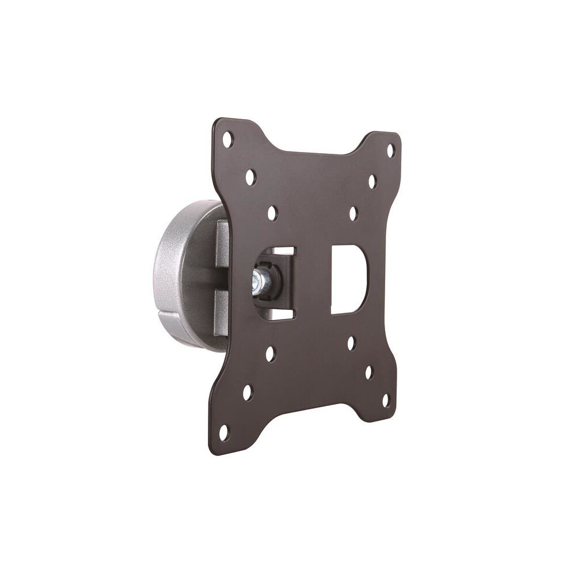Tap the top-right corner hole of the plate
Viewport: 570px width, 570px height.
(390, 151)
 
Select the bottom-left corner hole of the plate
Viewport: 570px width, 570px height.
(223, 431)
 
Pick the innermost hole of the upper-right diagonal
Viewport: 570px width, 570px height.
(353, 214)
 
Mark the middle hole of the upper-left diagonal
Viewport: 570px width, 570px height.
(250, 177)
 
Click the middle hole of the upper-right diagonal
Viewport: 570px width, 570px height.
(372, 182)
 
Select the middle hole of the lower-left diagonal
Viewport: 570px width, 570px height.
(248, 392)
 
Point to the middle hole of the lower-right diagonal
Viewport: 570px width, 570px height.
(368, 372)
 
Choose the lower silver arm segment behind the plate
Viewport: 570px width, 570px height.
(222, 314)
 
